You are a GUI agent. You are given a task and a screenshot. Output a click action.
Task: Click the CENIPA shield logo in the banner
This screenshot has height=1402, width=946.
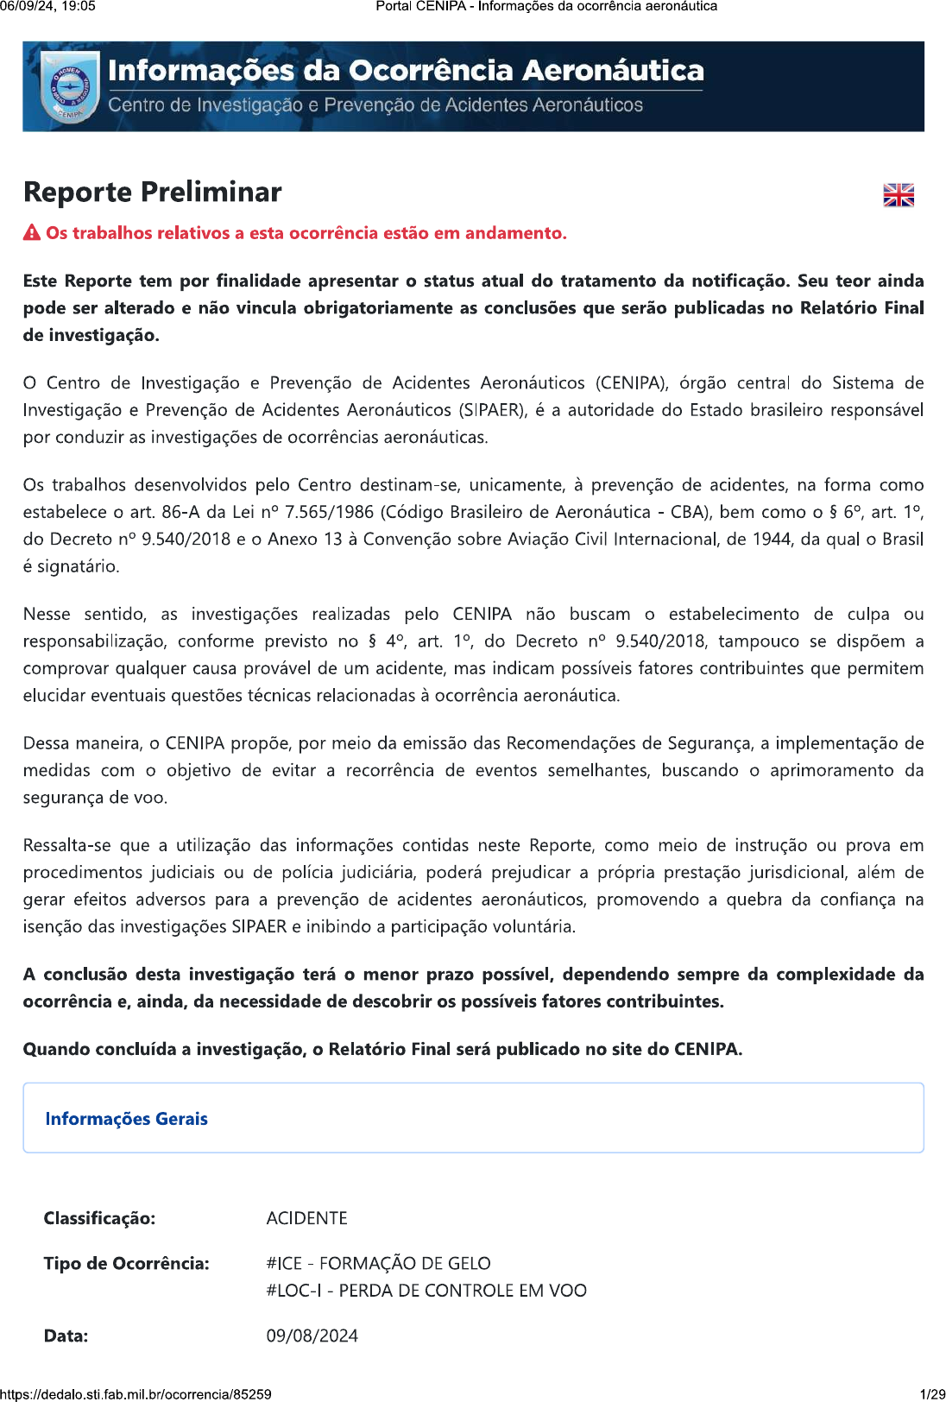point(70,87)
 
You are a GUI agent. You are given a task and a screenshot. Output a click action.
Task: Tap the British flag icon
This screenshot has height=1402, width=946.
point(899,195)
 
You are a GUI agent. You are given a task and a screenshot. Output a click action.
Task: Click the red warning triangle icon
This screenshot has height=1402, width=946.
point(32,233)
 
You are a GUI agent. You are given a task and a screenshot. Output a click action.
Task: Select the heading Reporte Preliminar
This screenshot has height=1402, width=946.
point(153,192)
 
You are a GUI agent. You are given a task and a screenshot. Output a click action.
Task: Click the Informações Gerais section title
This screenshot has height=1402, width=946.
point(127,1119)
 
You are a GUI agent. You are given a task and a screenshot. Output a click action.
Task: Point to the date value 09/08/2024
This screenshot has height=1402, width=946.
point(312,1336)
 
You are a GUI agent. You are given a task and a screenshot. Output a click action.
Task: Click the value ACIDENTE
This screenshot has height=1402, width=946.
point(306,1218)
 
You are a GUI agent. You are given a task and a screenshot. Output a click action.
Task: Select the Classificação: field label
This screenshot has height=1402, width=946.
point(99,1218)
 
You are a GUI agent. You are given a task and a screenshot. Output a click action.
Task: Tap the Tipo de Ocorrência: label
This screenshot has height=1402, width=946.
point(127,1263)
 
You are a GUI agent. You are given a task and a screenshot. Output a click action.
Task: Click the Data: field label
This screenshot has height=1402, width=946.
point(66,1336)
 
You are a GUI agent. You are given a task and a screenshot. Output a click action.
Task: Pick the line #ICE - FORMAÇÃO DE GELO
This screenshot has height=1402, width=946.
point(378,1263)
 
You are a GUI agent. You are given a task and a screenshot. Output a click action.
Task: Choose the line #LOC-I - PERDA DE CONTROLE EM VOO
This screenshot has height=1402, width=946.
point(426,1291)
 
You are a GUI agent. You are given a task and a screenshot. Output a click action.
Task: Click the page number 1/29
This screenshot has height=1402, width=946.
point(932,1394)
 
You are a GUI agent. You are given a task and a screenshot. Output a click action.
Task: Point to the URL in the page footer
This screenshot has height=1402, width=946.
point(136,1394)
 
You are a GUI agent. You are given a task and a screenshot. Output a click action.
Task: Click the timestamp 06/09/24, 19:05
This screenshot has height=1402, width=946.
point(48,6)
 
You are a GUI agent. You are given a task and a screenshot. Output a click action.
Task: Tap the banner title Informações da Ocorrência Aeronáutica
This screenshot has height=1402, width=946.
point(406,71)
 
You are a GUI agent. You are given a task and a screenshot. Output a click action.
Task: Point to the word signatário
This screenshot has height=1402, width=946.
point(78,566)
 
